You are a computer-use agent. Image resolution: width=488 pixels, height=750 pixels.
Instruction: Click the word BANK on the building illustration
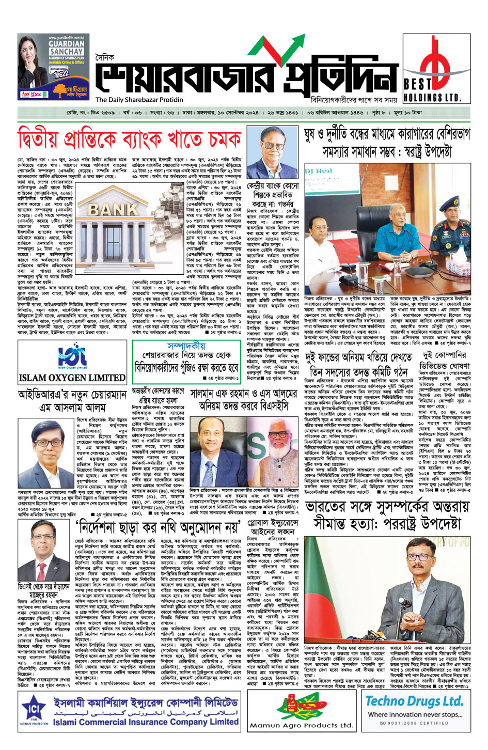click(113, 209)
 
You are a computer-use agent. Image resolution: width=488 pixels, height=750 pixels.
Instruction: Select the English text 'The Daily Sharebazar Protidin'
click(139, 100)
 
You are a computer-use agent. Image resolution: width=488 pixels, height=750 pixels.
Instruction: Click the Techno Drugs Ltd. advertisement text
click(414, 701)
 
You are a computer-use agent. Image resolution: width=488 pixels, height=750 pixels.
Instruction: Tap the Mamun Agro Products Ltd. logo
click(301, 713)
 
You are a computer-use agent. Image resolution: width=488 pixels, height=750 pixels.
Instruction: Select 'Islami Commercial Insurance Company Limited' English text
click(146, 722)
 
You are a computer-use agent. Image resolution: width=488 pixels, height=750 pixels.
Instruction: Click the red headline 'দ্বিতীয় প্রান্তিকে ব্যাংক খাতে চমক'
click(129, 140)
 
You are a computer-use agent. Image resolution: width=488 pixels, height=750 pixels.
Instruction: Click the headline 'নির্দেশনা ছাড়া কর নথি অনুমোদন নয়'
click(158, 528)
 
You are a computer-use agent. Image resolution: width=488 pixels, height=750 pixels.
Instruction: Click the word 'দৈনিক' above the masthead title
click(105, 59)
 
